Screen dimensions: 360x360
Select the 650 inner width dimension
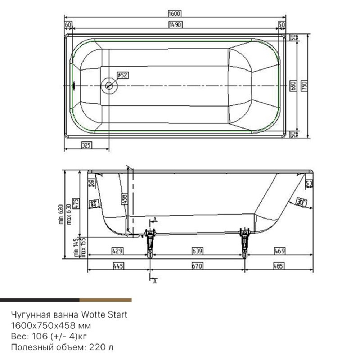point(293,86)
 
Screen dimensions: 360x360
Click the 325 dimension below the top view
point(86,145)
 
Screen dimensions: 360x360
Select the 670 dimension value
point(198,266)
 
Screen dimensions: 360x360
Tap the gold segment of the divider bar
point(105,300)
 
